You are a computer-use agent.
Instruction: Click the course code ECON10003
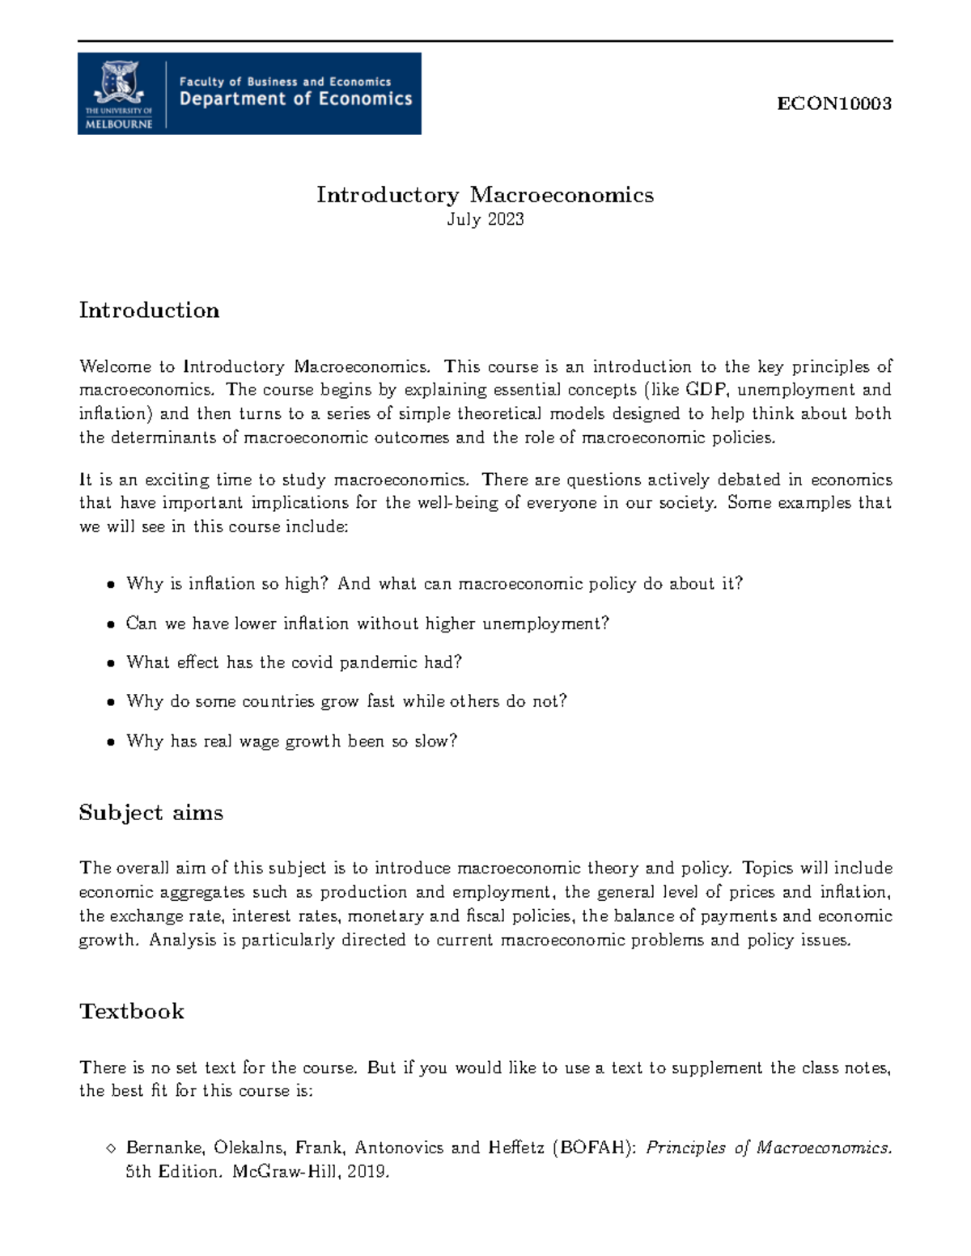point(833,104)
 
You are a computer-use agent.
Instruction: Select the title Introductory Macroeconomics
point(485,195)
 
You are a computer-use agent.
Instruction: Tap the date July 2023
point(485,219)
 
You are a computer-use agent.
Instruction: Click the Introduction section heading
point(149,311)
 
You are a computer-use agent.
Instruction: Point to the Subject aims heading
point(151,813)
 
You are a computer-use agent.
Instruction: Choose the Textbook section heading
point(132,1012)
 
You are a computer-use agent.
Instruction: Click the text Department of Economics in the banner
point(295,99)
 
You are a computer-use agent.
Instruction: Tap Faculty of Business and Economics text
point(285,82)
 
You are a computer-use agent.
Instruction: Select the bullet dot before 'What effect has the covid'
point(111,664)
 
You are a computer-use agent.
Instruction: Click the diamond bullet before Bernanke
point(111,1148)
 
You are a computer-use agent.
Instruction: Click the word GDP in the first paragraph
point(706,390)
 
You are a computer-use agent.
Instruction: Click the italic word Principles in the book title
point(685,1148)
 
